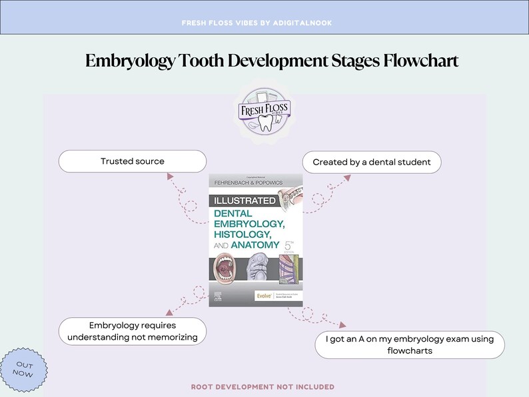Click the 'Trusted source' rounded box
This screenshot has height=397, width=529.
click(133, 161)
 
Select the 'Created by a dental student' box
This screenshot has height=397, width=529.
click(372, 162)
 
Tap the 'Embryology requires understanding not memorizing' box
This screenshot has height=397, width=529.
click(133, 331)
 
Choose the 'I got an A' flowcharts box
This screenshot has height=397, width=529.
click(410, 344)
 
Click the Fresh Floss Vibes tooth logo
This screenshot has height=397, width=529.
click(264, 111)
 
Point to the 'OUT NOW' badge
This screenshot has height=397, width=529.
click(25, 369)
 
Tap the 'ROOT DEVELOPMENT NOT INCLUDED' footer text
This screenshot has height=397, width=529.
click(263, 387)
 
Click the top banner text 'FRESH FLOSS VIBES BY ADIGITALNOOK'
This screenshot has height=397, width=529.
click(257, 23)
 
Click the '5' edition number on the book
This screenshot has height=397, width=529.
click(288, 245)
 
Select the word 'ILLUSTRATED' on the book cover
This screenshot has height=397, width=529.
click(243, 200)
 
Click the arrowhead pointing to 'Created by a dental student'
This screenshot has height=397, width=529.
click(346, 178)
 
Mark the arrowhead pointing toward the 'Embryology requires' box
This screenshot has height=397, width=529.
click(169, 311)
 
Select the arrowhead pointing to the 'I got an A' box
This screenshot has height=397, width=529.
click(343, 325)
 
